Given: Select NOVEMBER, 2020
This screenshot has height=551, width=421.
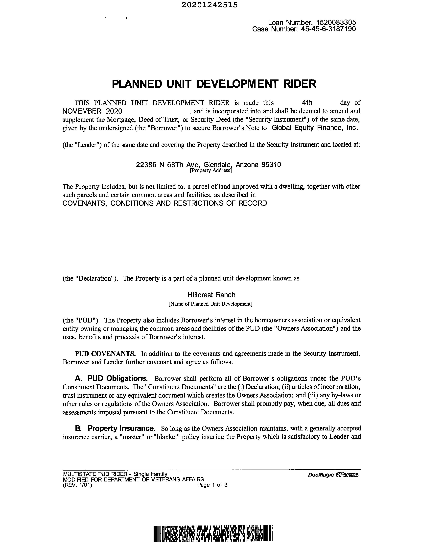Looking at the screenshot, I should point(92,111).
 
